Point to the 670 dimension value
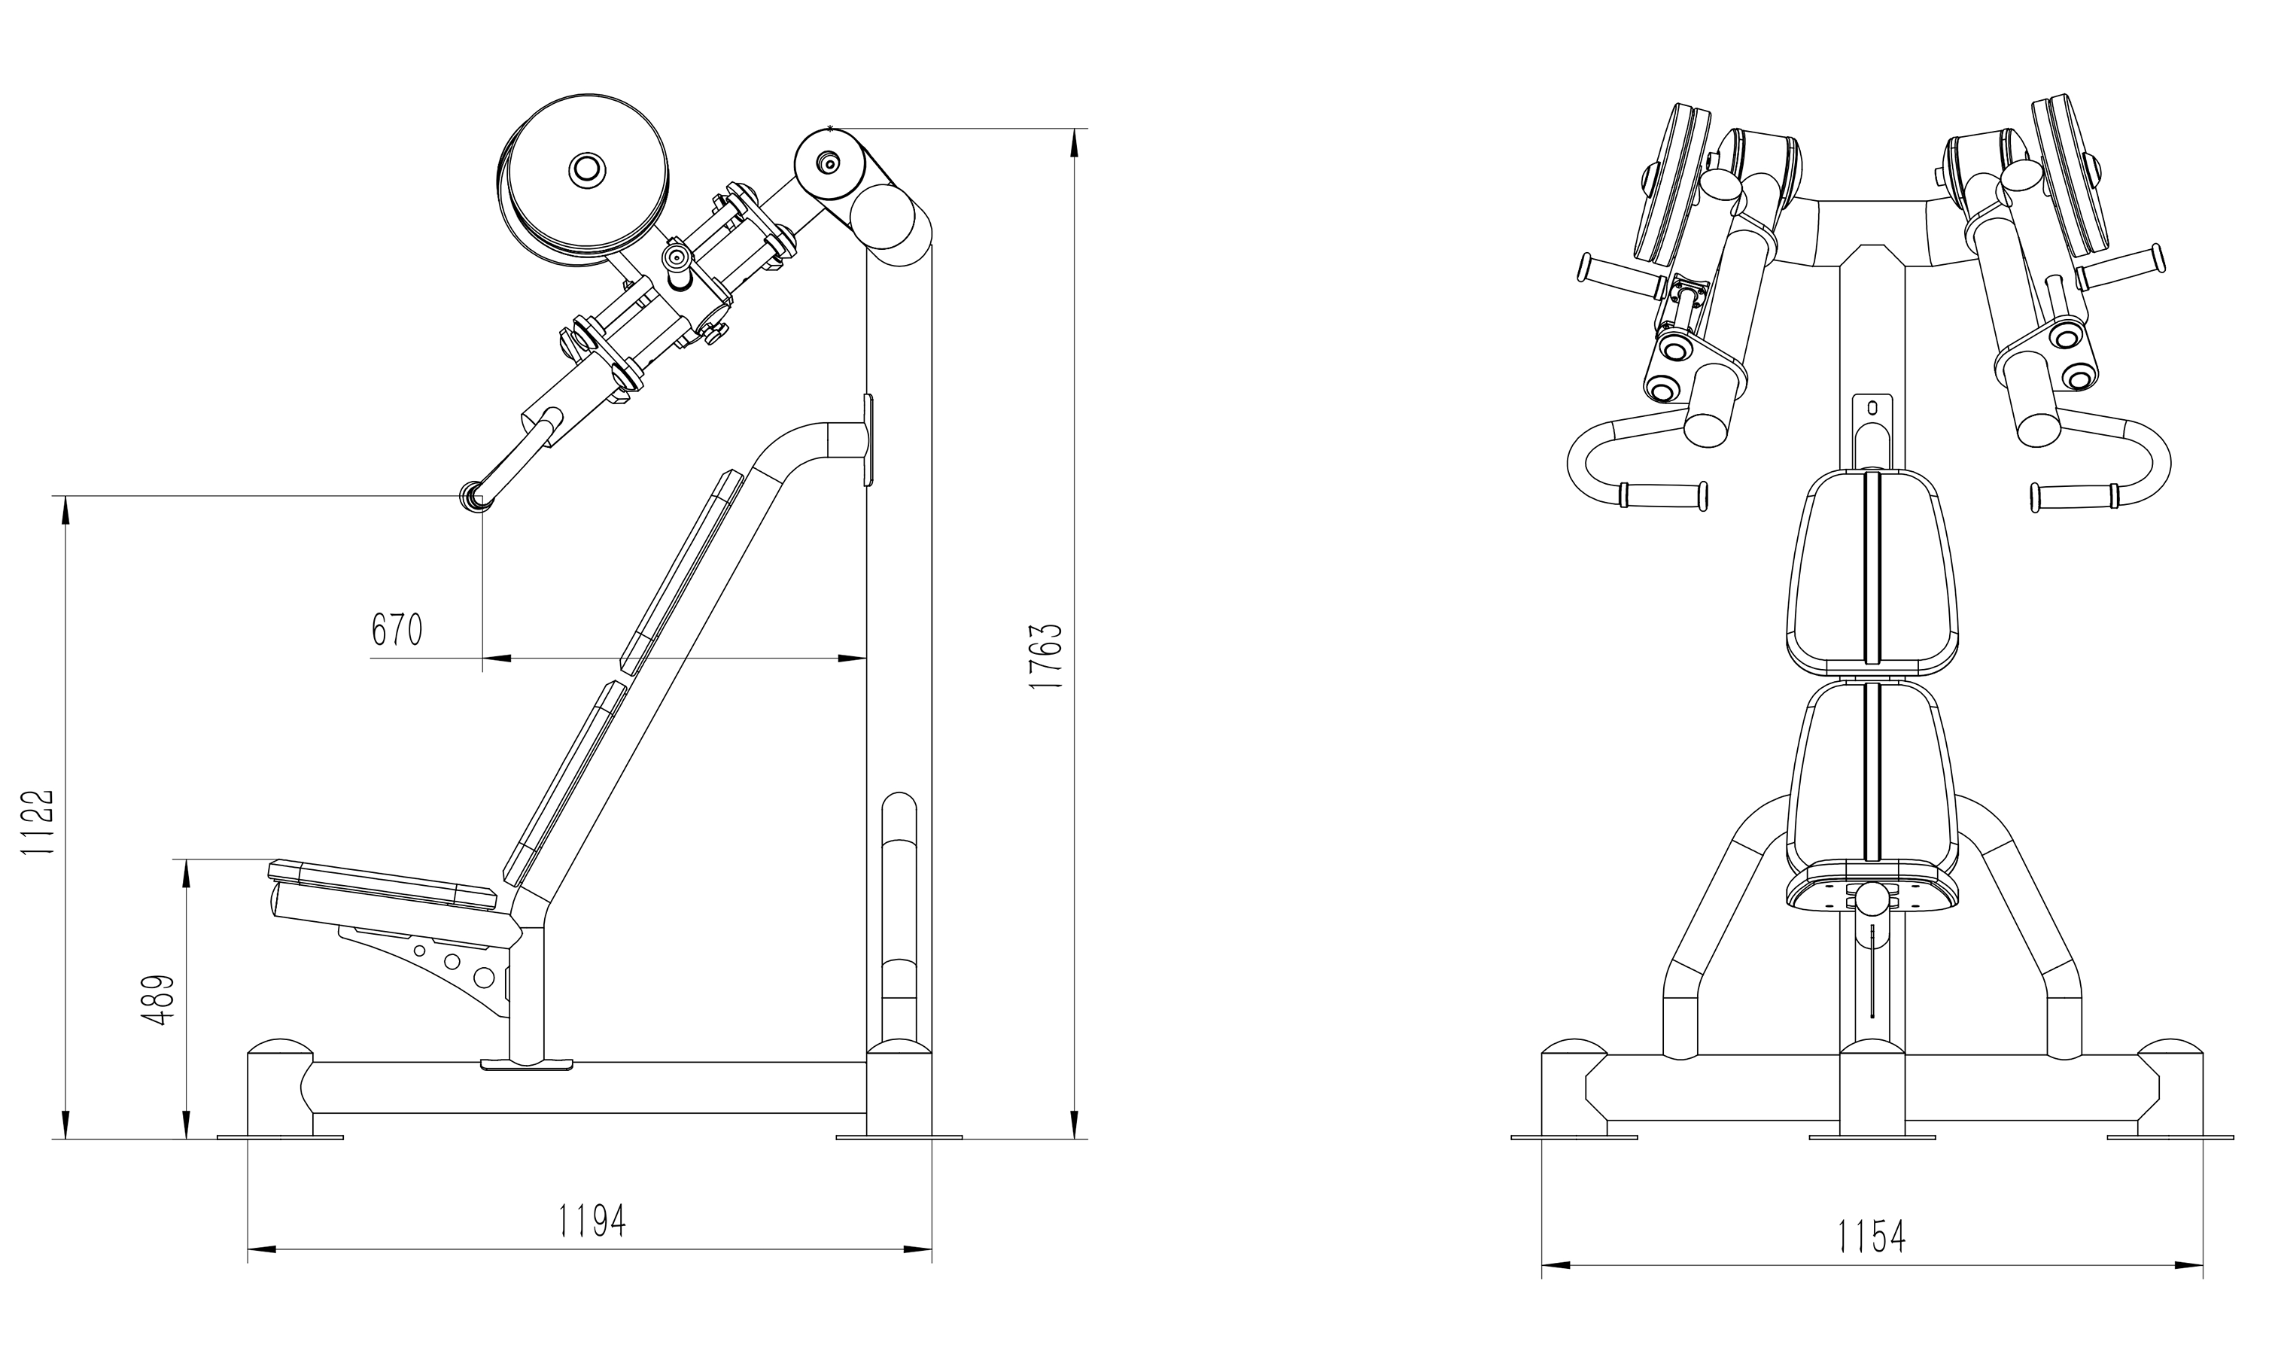point(397,630)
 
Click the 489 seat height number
point(160,1000)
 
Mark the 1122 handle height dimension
point(39,822)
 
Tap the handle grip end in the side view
point(473,497)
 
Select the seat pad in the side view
point(382,882)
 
